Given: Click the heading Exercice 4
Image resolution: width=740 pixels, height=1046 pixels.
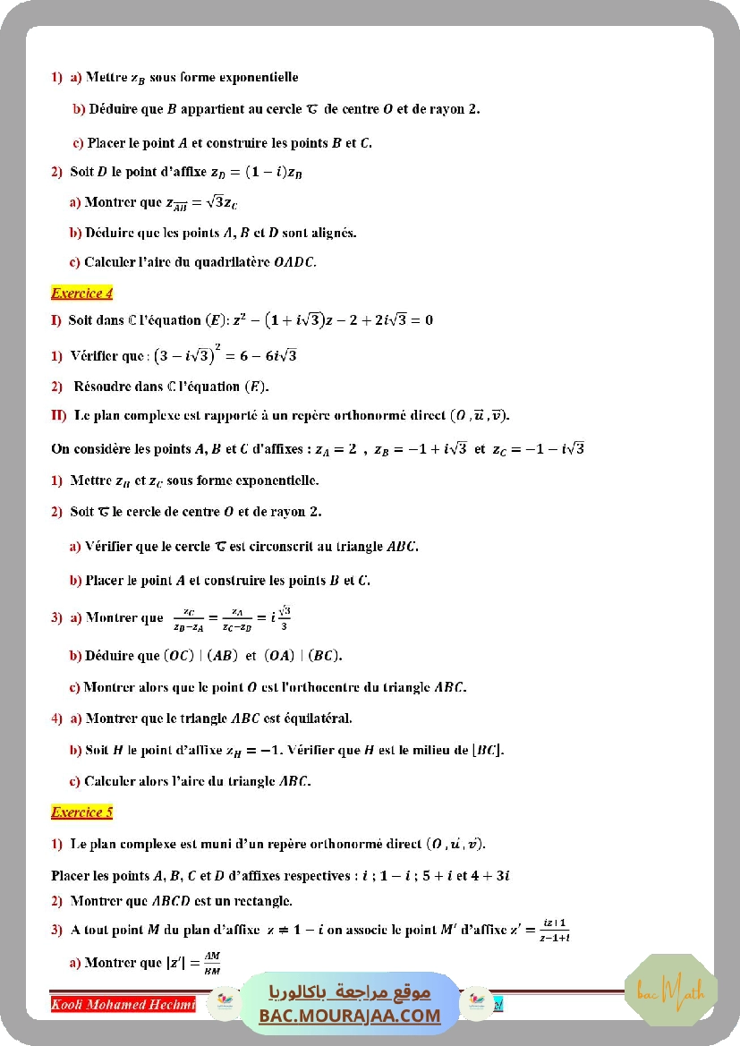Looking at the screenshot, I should [x=82, y=293].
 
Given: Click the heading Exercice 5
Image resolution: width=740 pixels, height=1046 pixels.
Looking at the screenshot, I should [x=82, y=812].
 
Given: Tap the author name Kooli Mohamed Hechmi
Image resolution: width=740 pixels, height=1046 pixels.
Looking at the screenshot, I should [x=123, y=1004].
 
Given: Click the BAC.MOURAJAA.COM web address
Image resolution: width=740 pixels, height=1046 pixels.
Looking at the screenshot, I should [x=350, y=1016].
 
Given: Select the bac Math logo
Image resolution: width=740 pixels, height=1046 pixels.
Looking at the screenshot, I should [x=670, y=991].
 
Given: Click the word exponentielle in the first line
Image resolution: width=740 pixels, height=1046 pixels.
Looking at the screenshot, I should [x=256, y=78].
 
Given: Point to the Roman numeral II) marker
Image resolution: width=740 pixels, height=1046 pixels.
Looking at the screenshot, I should [x=59, y=415].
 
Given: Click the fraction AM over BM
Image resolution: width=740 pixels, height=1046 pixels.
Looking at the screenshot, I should [x=212, y=963].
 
